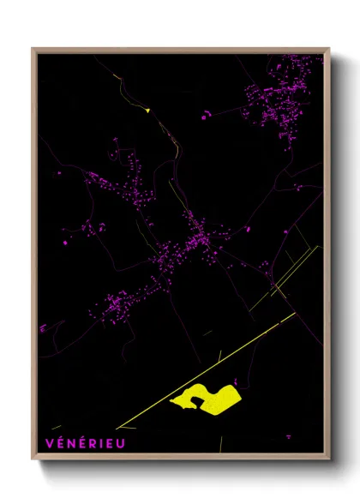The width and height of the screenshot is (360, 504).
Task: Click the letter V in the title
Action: (49, 443)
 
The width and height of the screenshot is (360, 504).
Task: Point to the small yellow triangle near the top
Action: (147, 110)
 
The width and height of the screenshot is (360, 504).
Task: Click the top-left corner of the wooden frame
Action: (33, 49)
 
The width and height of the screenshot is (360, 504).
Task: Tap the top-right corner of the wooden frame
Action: (329, 49)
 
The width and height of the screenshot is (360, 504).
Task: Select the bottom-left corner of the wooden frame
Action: (33, 461)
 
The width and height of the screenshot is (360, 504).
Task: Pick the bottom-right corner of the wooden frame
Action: (329, 461)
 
